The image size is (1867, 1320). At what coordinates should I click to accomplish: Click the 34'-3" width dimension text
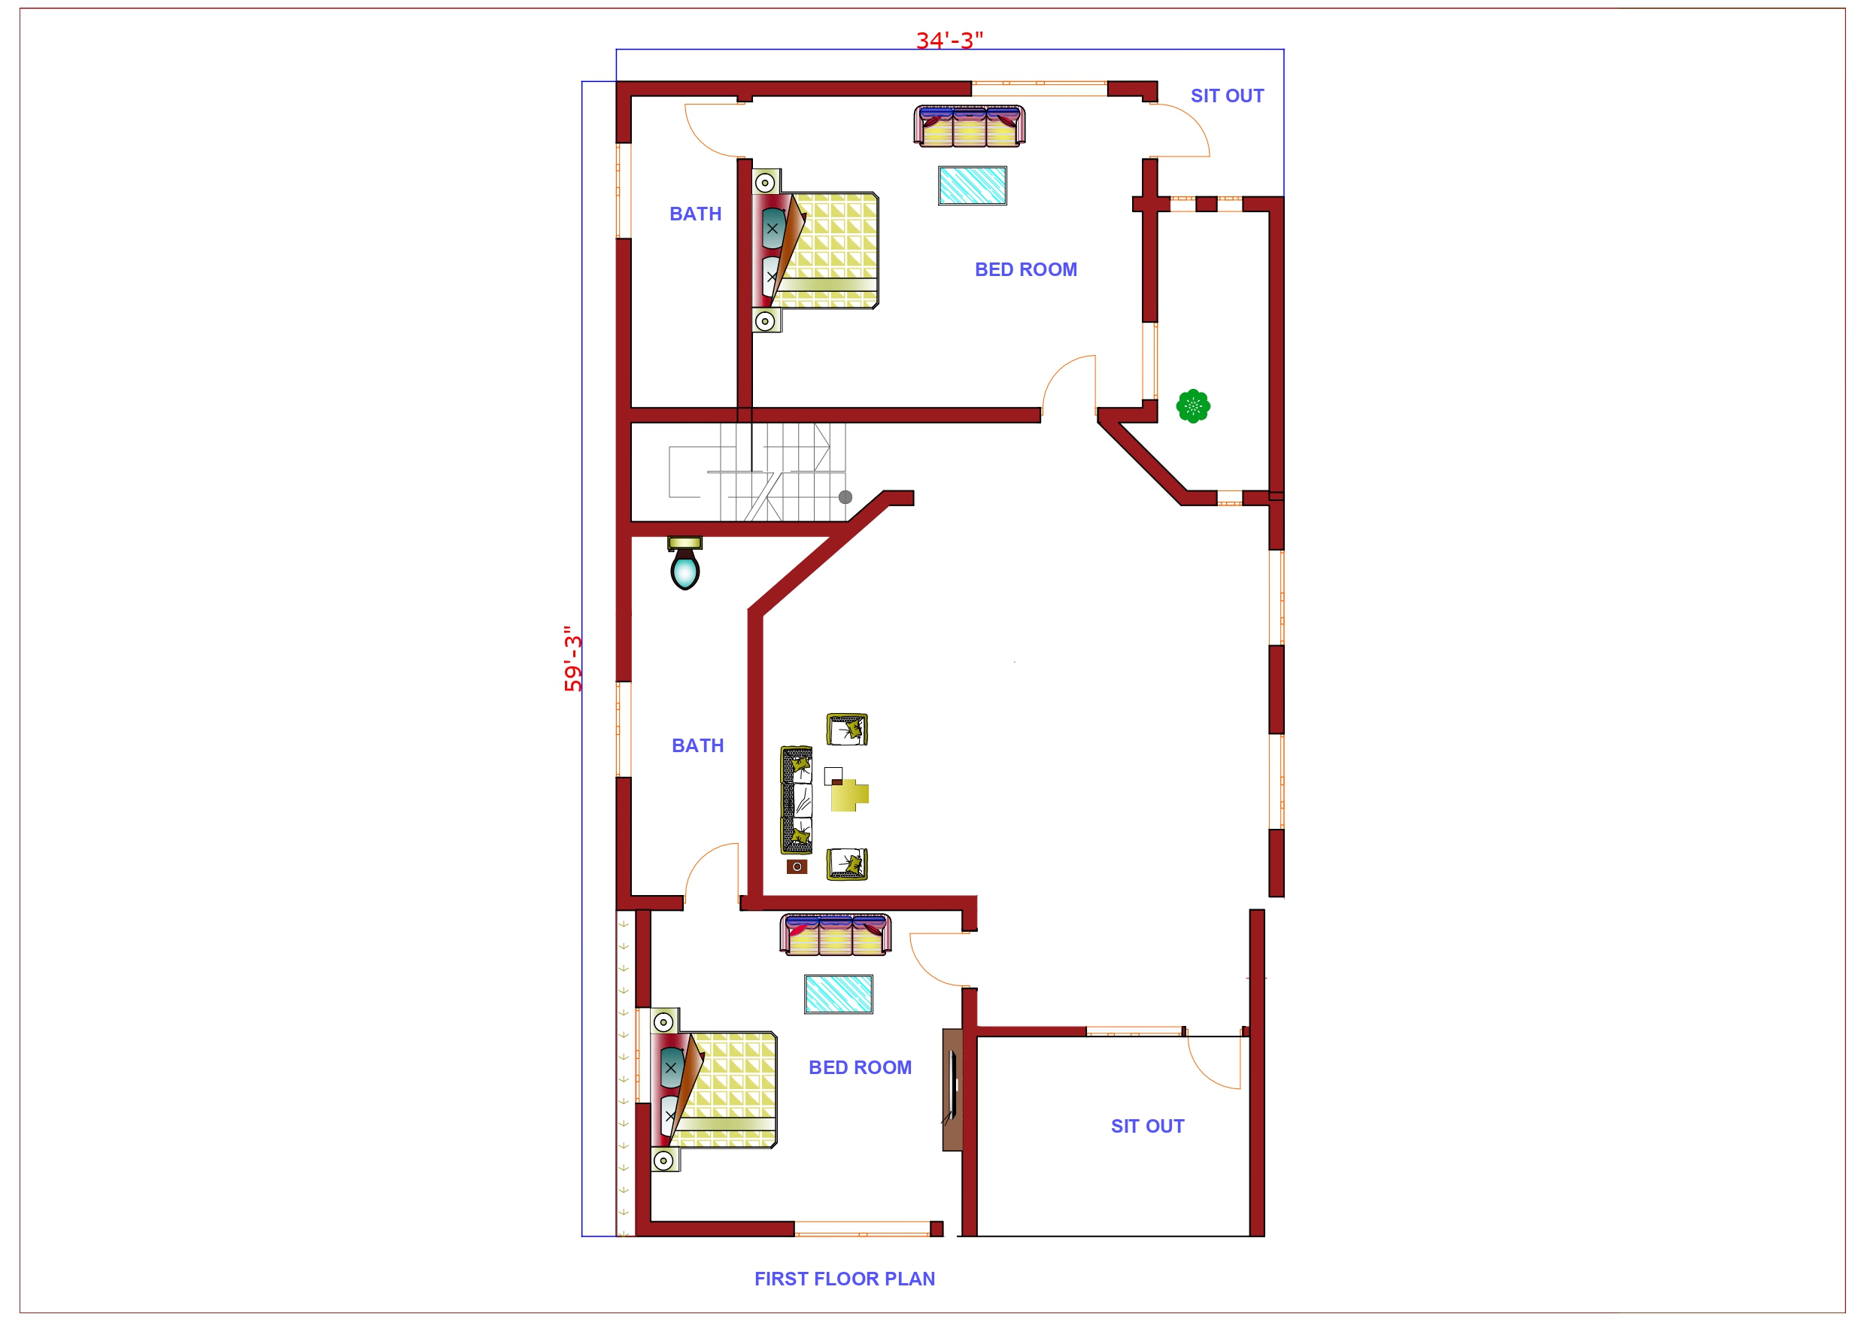(949, 40)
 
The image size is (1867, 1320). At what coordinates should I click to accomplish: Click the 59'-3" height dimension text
(572, 658)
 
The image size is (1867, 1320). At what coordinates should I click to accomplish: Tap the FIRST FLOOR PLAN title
(844, 1279)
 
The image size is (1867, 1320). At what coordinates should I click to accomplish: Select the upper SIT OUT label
(1226, 96)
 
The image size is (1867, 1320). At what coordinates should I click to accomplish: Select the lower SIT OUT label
(1146, 1127)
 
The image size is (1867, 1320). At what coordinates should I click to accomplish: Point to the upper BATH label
(695, 214)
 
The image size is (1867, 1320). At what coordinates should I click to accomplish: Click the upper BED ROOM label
(1025, 270)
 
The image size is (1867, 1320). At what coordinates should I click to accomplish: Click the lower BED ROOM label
(860, 1068)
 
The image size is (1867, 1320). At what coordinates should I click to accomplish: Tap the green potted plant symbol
(1192, 406)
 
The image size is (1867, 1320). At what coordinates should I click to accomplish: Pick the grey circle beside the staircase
(845, 497)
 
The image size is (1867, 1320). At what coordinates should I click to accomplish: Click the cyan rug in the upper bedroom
(972, 186)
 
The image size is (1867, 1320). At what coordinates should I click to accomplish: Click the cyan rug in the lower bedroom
(839, 994)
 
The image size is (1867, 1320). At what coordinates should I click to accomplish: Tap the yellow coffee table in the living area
(848, 794)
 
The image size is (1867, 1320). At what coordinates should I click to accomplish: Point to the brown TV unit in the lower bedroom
(952, 1090)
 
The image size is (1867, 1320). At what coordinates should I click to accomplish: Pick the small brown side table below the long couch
(796, 867)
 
